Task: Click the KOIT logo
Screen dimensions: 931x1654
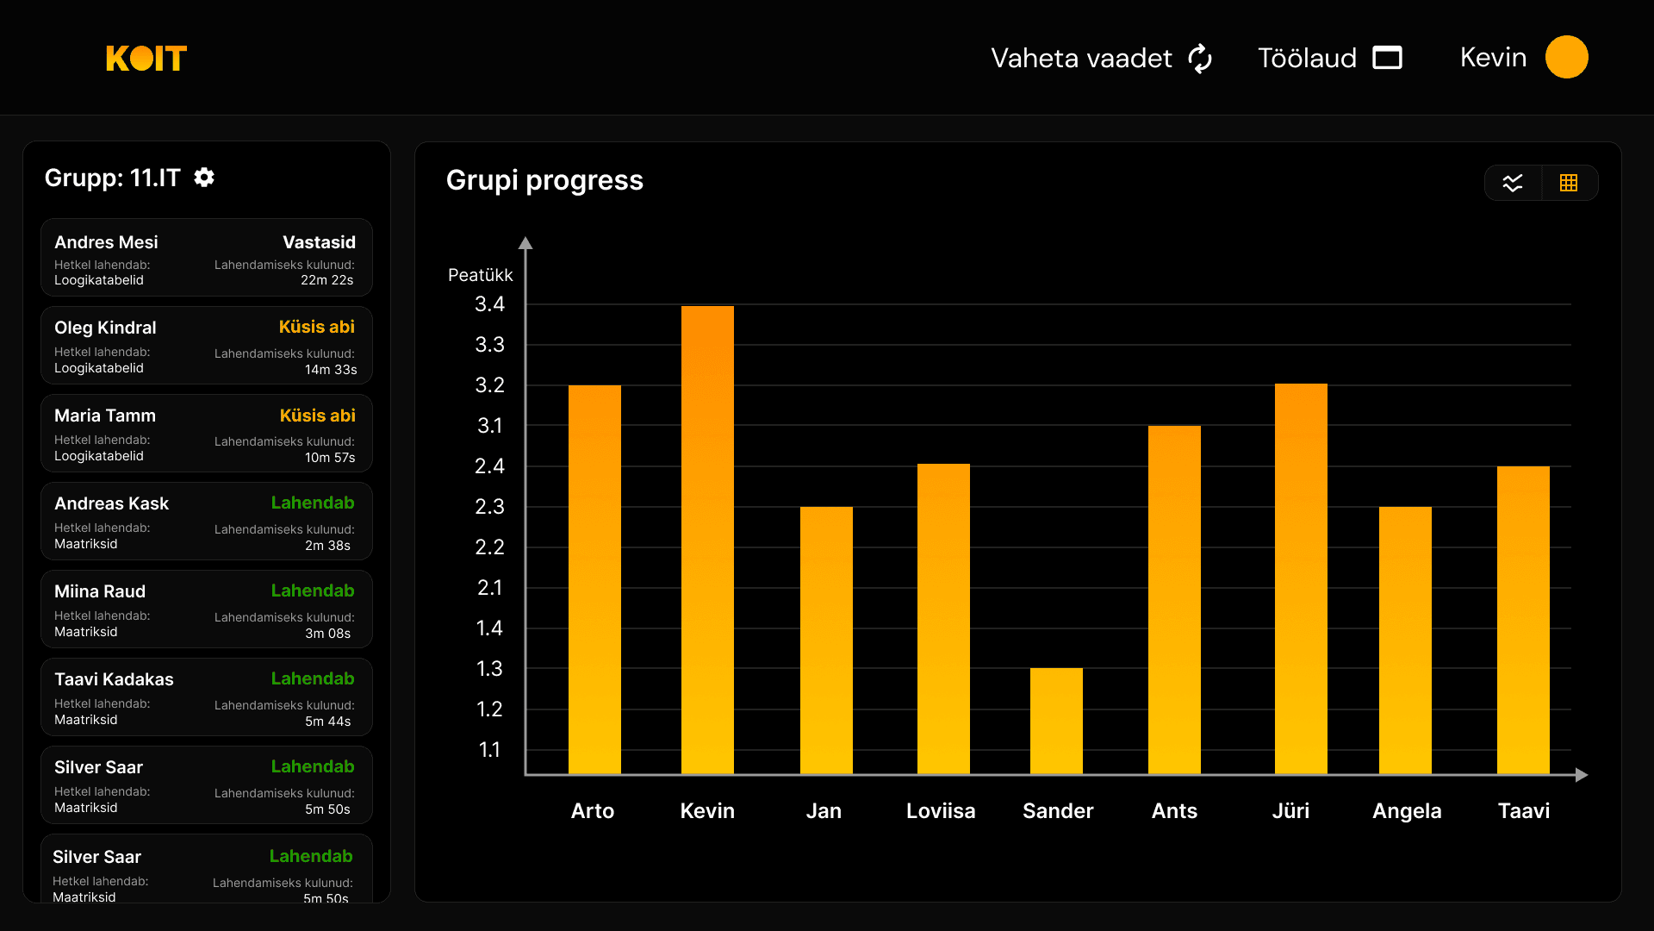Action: click(x=146, y=58)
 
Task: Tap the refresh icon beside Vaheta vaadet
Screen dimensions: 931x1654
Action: click(x=1200, y=59)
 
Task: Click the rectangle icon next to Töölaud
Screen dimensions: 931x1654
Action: click(x=1387, y=58)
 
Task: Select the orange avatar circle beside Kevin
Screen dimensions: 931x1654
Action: click(x=1566, y=57)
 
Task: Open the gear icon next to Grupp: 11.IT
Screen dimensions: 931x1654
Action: click(x=204, y=178)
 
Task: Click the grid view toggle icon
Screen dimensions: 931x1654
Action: click(x=1569, y=183)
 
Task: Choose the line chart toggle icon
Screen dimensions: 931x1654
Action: click(x=1513, y=183)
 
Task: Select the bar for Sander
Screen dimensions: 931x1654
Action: click(x=1056, y=721)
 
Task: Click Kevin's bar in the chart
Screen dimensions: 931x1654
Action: click(x=707, y=540)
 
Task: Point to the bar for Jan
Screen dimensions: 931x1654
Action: click(x=826, y=640)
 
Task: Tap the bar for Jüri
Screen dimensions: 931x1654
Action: click(x=1301, y=578)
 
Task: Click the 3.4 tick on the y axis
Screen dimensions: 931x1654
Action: click(x=489, y=304)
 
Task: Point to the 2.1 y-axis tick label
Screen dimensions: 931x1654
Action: click(x=489, y=588)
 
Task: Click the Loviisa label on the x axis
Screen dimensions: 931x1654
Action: click(x=941, y=811)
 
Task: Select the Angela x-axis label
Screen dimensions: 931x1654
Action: click(x=1407, y=811)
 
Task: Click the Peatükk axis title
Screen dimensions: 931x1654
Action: click(x=480, y=275)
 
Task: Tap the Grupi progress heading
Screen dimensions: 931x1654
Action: click(x=544, y=180)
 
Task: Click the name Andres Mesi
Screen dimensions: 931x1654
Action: click(x=106, y=242)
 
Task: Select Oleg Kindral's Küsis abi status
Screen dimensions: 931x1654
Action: click(x=316, y=327)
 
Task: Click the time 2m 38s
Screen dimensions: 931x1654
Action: click(x=327, y=546)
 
